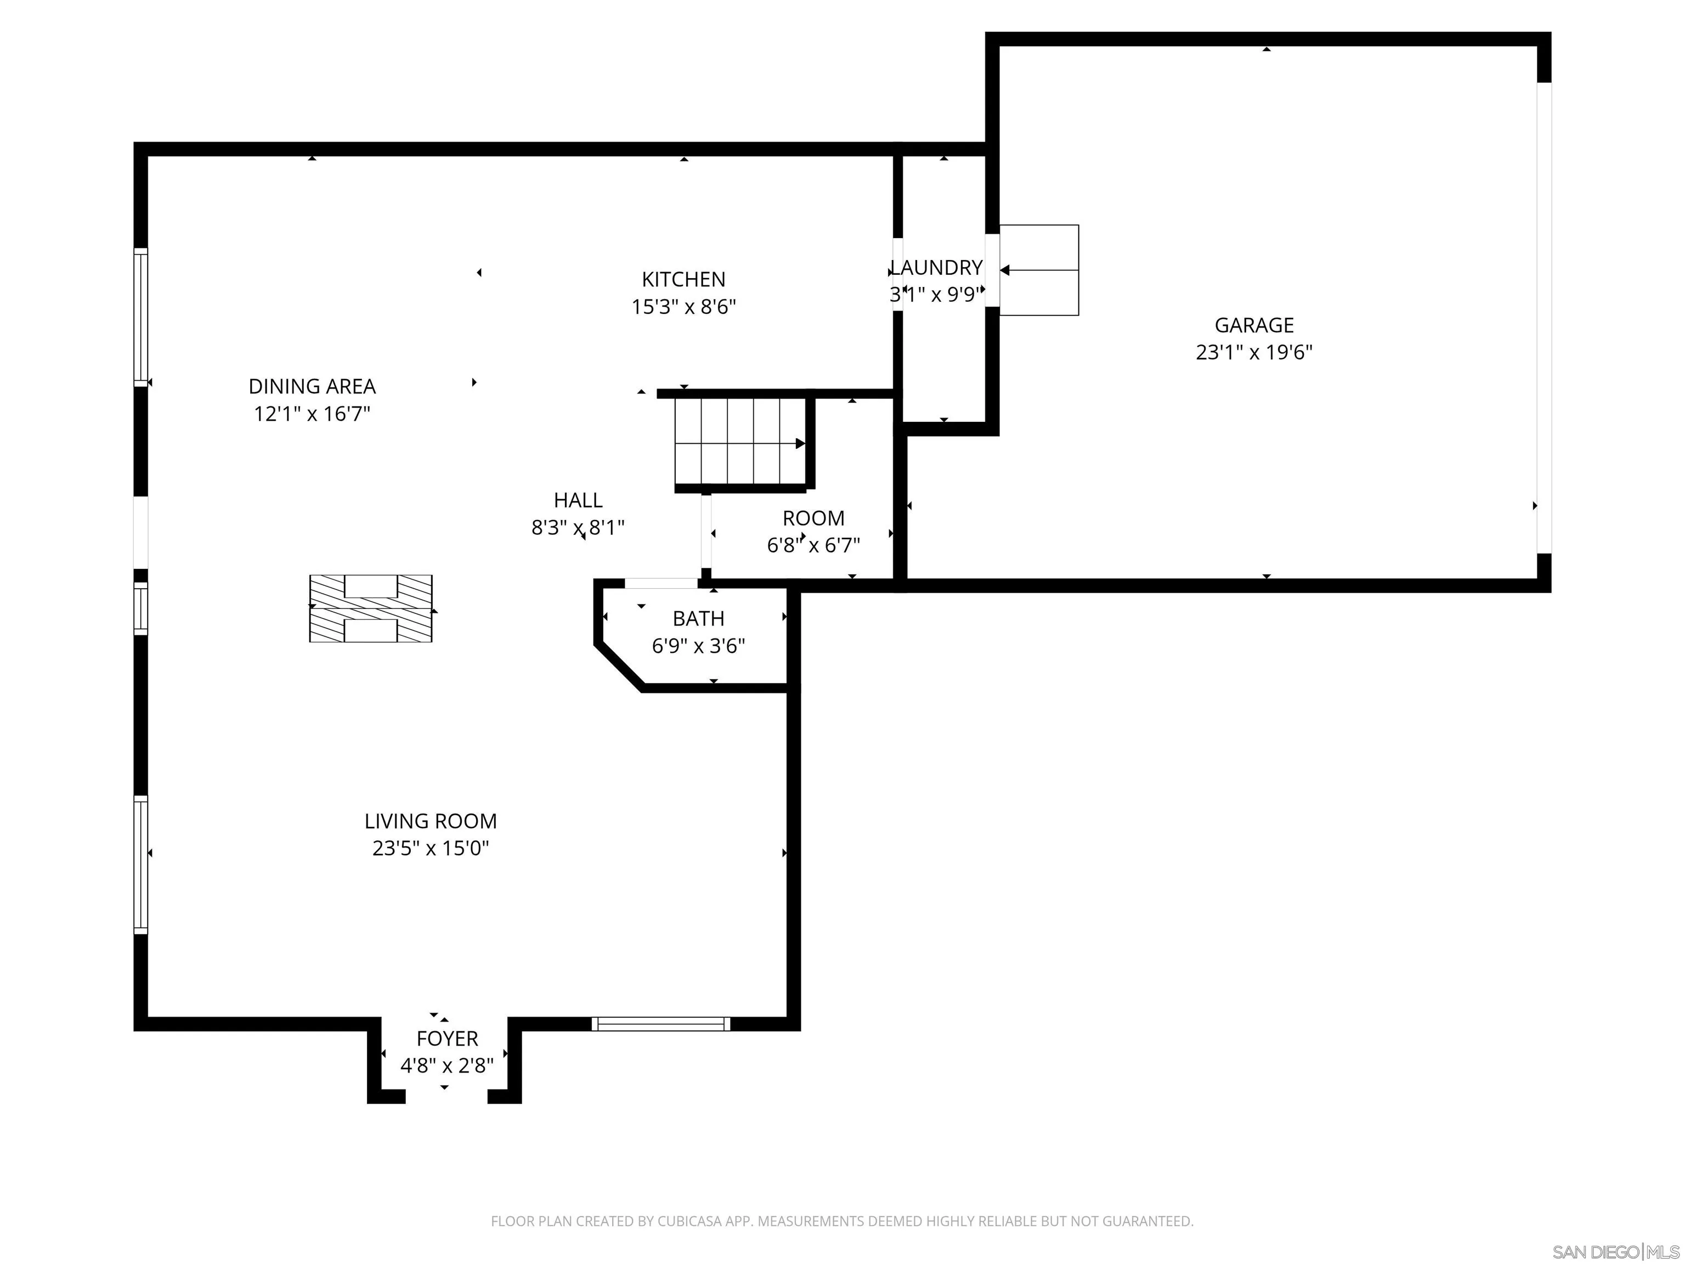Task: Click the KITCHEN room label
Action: (683, 280)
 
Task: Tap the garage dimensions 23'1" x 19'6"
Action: (1254, 352)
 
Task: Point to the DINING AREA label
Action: (312, 386)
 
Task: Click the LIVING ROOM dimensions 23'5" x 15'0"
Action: (431, 848)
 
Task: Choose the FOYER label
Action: (447, 1039)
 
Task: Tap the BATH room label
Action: (699, 619)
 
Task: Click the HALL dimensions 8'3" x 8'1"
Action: (578, 527)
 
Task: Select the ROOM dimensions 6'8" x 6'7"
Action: (813, 545)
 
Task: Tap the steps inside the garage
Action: (1039, 270)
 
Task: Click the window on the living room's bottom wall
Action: (661, 1024)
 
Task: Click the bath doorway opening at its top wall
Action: (661, 584)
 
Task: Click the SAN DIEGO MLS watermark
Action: (1616, 1252)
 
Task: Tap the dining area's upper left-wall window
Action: (141, 317)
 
